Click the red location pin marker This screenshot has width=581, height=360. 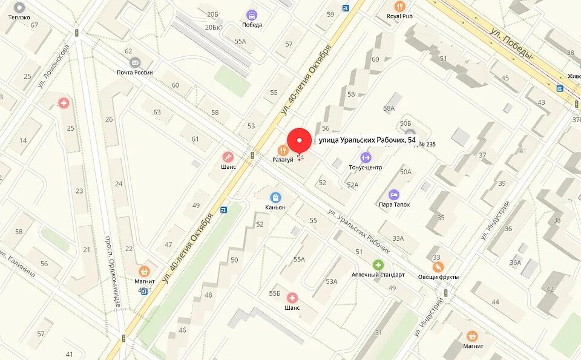tap(299, 140)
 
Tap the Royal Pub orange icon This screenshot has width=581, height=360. tap(399, 6)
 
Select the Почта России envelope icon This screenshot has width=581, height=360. tap(134, 62)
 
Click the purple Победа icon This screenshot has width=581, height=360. tap(251, 15)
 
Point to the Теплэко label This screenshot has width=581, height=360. tap(19, 17)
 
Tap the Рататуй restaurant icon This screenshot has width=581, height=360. tap(282, 149)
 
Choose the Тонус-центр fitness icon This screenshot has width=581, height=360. tap(365, 157)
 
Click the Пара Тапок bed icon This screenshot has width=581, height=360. tap(394, 194)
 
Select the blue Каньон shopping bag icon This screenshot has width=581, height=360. tap(275, 197)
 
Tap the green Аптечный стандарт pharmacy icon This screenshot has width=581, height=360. tap(378, 264)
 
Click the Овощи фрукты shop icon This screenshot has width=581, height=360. tap(438, 267)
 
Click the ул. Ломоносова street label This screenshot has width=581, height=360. tap(54, 67)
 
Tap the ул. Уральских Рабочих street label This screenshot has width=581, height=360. tap(358, 230)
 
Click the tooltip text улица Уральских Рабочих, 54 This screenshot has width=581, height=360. tap(367, 140)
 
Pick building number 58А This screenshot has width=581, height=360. tap(389, 108)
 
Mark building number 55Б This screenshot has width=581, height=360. tap(275, 293)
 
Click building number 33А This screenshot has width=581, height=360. tap(398, 238)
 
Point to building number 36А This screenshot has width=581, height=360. tap(515, 262)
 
